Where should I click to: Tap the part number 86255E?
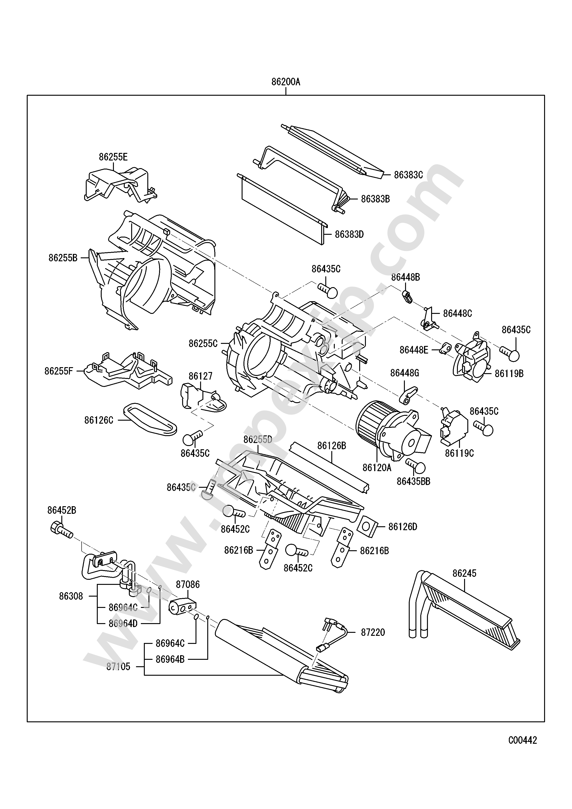coord(113,157)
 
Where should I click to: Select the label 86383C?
coord(408,175)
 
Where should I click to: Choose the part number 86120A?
coord(377,467)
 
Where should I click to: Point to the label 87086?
coord(188,585)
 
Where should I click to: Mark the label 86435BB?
coord(414,481)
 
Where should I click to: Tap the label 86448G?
coord(404,373)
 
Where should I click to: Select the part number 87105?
coord(118,667)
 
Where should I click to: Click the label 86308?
coord(71,596)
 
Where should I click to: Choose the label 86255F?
coord(59,371)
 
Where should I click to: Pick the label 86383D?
coord(349,234)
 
